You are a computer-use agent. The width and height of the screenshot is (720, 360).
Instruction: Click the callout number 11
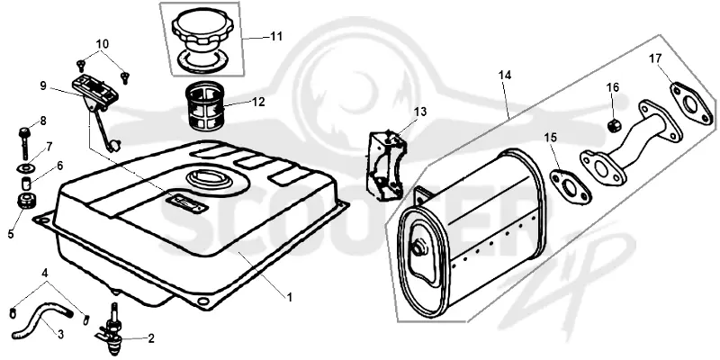(x=276, y=36)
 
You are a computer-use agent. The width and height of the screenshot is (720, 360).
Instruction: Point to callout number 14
(x=505, y=75)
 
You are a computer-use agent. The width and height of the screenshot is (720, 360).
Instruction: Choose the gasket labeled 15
(x=571, y=186)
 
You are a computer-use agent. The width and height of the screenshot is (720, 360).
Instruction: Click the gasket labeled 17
(x=692, y=103)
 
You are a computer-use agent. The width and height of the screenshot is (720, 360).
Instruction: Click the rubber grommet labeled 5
(x=27, y=201)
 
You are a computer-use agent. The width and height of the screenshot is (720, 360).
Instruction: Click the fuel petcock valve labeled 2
(x=112, y=330)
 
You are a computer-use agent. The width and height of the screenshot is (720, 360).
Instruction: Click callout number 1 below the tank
(x=290, y=298)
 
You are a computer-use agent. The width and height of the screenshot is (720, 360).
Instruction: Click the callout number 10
(x=103, y=44)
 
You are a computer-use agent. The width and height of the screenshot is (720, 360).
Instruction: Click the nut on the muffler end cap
(x=418, y=249)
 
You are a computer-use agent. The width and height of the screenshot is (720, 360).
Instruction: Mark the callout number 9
(x=43, y=85)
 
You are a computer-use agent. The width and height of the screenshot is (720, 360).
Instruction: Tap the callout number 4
(x=44, y=274)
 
